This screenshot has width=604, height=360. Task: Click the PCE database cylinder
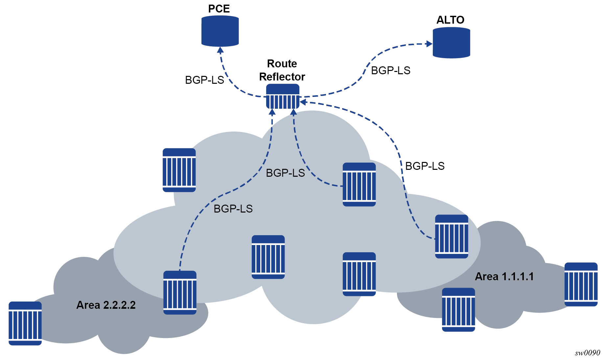220,31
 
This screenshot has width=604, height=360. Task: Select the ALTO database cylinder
451,43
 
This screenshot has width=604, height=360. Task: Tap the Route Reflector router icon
283,96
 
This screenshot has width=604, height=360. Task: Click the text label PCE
219,9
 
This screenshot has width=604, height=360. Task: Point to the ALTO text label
450,20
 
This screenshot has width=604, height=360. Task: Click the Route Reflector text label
282,70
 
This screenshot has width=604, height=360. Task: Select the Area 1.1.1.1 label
504,277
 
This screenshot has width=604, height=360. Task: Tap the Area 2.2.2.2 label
106,305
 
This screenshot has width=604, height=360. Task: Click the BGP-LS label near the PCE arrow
204,80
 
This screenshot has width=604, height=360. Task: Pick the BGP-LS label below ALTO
390,71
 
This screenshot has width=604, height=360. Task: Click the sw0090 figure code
587,353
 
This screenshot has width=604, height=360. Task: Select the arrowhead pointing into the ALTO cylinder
429,44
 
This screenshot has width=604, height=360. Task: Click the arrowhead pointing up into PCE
221,50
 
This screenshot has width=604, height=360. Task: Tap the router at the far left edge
25,323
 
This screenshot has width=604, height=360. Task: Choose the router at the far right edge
581,284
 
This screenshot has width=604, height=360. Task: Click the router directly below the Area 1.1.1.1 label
458,310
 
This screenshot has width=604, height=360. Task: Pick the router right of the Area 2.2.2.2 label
180,292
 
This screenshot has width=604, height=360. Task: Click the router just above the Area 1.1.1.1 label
451,236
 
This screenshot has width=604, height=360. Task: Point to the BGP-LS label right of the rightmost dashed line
425,166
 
